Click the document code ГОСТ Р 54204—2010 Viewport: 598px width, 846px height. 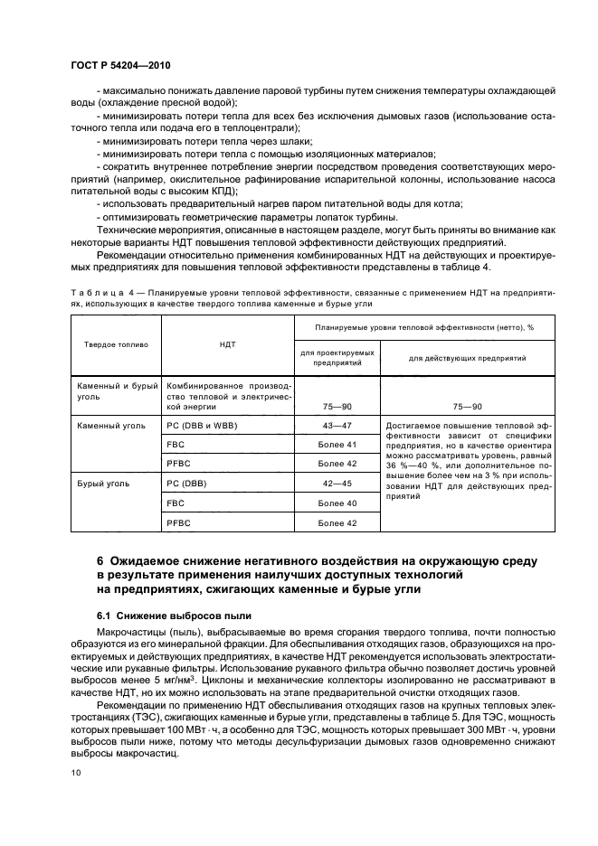click(120, 67)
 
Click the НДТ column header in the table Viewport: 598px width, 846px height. click(226, 344)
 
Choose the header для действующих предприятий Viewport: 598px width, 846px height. click(454, 358)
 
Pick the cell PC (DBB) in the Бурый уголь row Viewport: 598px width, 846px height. click(188, 484)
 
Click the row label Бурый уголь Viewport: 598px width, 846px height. click(104, 484)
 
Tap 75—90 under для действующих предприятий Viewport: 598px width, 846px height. click(454, 408)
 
